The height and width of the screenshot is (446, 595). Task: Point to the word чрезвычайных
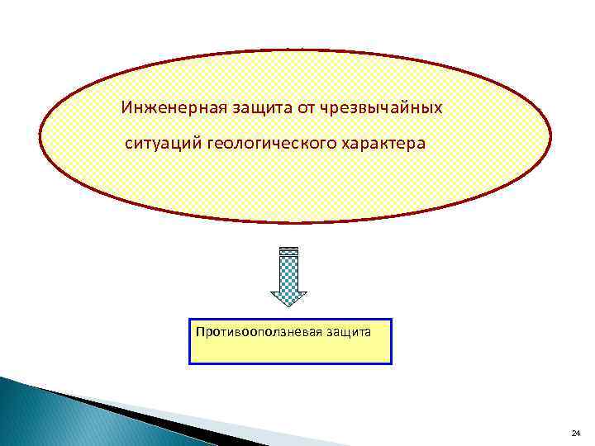(x=374, y=108)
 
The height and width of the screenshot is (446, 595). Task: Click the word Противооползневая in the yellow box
(x=253, y=332)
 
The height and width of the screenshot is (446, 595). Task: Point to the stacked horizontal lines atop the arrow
(x=288, y=251)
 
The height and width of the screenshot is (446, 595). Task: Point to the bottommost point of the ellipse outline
(x=296, y=222)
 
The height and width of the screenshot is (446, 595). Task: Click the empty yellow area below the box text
(x=289, y=352)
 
